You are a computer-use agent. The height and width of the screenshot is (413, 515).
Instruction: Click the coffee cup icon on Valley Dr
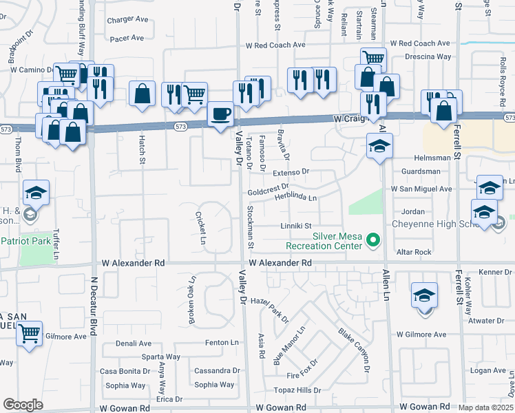tap(220, 113)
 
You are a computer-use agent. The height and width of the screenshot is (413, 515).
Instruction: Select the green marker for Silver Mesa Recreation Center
tap(373, 240)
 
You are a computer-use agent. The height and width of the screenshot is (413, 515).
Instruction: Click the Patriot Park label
tap(27, 242)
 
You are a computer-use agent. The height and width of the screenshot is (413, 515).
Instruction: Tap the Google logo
tap(23, 404)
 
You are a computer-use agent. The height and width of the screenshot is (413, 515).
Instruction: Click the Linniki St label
tap(296, 225)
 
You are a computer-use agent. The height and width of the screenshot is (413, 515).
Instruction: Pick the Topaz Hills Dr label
tap(298, 390)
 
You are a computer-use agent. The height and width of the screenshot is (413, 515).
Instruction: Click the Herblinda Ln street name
tap(295, 198)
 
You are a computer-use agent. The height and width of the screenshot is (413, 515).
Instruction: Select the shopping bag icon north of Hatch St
tap(142, 94)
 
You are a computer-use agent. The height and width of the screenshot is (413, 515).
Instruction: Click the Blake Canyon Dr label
tap(354, 350)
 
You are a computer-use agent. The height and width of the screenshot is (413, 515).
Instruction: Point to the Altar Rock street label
tap(413, 252)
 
